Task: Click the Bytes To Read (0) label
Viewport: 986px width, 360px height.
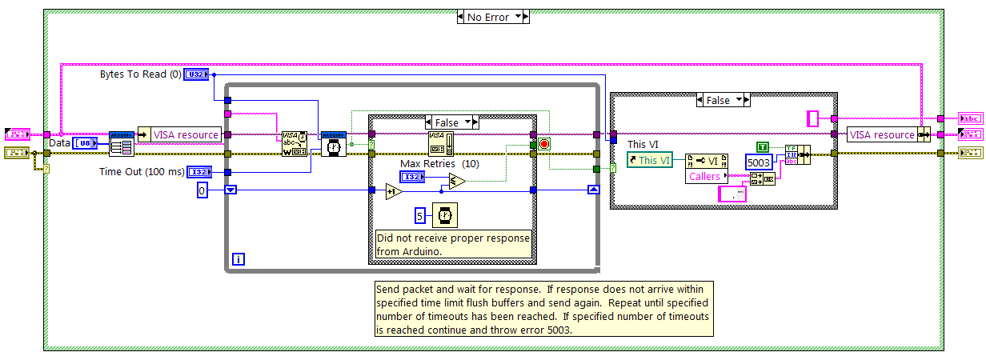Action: point(140,74)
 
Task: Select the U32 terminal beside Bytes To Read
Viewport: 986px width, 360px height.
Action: point(196,74)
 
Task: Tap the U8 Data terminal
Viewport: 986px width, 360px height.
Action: point(85,143)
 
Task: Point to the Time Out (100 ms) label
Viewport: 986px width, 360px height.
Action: point(140,171)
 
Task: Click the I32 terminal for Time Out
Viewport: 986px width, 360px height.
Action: point(196,171)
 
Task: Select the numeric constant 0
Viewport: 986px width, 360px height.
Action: point(202,190)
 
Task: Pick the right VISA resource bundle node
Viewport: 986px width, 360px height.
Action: point(882,135)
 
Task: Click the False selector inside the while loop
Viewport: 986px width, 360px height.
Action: point(452,122)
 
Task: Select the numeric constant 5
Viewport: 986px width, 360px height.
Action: point(419,214)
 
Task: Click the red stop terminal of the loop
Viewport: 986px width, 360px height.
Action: point(545,144)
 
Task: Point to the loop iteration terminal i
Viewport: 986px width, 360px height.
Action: point(238,258)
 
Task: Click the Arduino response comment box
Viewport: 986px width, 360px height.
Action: point(454,246)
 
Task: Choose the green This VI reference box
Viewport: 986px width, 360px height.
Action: point(650,160)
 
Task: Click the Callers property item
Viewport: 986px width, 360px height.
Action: point(705,176)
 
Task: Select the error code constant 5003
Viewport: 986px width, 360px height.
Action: point(758,162)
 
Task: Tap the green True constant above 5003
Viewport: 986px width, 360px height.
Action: point(763,146)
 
